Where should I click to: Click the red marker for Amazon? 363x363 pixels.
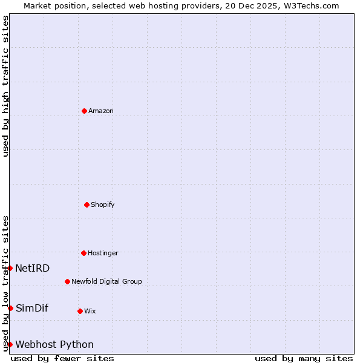pyautogui.click(x=84, y=111)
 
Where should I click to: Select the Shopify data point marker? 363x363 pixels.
pyautogui.click(x=87, y=204)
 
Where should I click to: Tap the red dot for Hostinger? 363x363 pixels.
pyautogui.click(x=83, y=253)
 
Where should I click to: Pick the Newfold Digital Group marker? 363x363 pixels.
pyautogui.click(x=67, y=281)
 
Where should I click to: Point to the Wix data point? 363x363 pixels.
pyautogui.click(x=80, y=311)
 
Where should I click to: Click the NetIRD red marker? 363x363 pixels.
pyautogui.click(x=10, y=268)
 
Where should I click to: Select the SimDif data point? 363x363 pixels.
pyautogui.click(x=10, y=308)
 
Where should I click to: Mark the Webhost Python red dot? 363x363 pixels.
pyautogui.click(x=10, y=344)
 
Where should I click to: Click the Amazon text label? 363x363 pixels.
pyautogui.click(x=101, y=111)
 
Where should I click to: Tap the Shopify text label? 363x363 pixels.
pyautogui.click(x=103, y=204)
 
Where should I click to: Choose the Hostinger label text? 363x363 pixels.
pyautogui.click(x=103, y=253)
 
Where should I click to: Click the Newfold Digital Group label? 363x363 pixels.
pyautogui.click(x=106, y=281)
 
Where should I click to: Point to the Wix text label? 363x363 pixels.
pyautogui.click(x=90, y=311)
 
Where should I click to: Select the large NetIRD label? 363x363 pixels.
pyautogui.click(x=33, y=268)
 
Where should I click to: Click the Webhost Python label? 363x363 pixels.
pyautogui.click(x=54, y=344)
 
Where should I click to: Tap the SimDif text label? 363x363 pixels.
pyautogui.click(x=32, y=308)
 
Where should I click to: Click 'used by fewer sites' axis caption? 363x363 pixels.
pyautogui.click(x=62, y=358)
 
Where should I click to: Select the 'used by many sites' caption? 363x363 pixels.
pyautogui.click(x=304, y=358)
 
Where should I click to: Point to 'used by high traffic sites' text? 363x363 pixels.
pyautogui.click(x=5, y=86)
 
